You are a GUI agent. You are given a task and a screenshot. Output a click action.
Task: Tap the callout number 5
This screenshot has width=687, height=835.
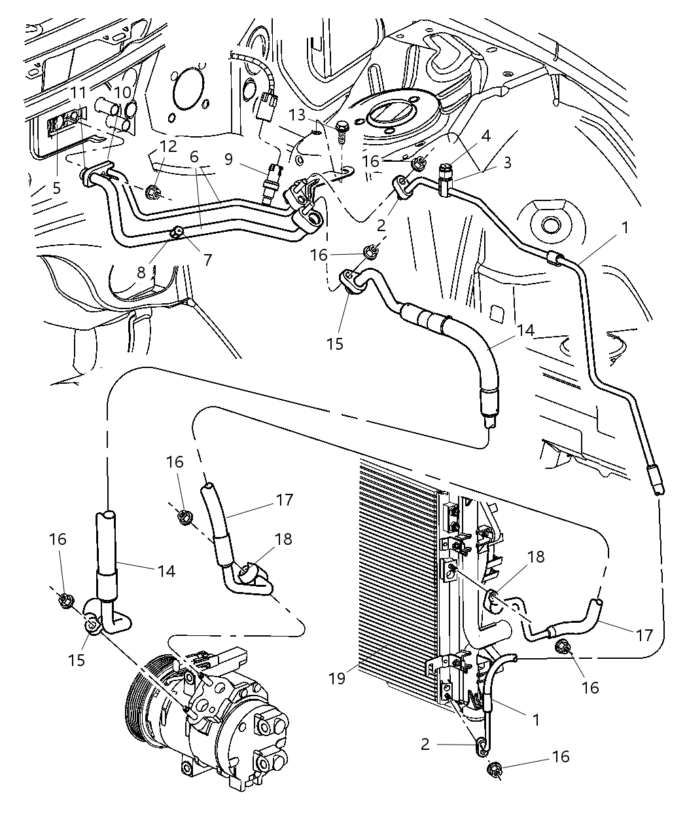tap(57, 189)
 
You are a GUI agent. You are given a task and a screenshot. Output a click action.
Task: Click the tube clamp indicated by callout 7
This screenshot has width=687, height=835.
tap(177, 231)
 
